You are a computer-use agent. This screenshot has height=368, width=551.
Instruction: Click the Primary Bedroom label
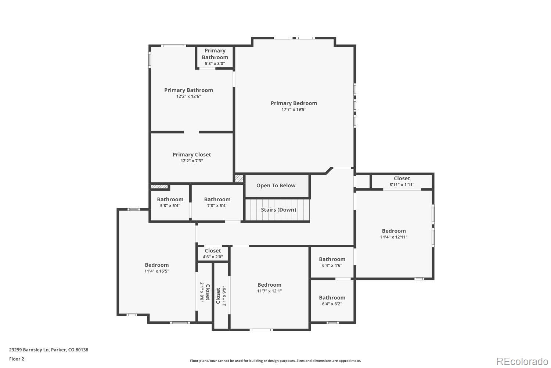(x=293, y=103)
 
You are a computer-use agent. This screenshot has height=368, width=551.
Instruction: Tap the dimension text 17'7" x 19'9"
(x=293, y=109)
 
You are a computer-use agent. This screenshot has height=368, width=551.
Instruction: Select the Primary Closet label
(x=192, y=155)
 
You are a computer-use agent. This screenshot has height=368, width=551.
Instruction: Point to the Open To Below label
(x=276, y=185)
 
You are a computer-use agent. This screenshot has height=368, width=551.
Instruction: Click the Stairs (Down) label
(x=278, y=210)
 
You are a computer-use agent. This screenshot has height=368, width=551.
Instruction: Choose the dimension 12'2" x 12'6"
(x=188, y=96)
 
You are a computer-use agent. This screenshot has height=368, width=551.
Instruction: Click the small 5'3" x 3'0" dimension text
(x=215, y=64)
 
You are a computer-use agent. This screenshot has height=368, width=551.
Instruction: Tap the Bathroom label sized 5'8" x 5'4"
(x=170, y=199)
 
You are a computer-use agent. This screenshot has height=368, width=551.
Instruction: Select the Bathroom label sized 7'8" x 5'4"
(x=217, y=199)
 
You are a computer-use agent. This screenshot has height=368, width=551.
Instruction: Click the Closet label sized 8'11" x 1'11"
(x=402, y=178)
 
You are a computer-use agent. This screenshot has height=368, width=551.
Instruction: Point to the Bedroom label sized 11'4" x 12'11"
(x=394, y=231)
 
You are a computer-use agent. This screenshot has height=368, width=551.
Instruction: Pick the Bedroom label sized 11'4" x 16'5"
(x=157, y=265)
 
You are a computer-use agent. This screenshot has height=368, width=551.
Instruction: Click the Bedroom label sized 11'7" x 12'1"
(x=269, y=285)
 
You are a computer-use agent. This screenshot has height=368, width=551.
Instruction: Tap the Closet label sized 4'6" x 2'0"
(x=213, y=251)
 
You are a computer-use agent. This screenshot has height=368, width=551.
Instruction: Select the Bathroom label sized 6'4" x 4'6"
(x=332, y=259)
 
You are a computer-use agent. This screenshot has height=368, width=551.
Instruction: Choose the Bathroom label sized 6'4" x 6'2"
(x=332, y=298)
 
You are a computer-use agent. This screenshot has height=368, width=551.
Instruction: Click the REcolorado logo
(x=522, y=361)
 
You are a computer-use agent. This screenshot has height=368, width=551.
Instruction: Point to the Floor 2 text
(x=17, y=359)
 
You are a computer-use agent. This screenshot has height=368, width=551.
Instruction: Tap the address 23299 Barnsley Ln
(x=29, y=350)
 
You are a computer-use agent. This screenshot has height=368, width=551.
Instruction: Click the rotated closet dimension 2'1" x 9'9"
(x=224, y=296)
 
